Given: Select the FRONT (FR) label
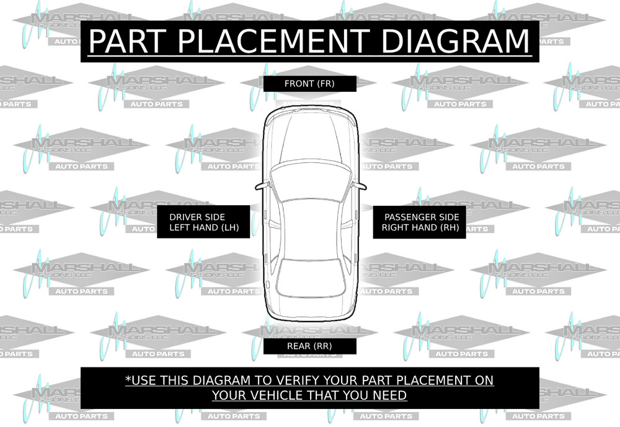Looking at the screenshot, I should coord(309,84).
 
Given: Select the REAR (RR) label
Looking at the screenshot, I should coord(309,346).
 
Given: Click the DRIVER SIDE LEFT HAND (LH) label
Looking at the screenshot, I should coord(197,222).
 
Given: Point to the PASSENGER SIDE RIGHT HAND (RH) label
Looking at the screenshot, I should coord(421,222).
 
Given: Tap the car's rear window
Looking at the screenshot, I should coord(309,276).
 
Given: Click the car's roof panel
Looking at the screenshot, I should coord(309,226).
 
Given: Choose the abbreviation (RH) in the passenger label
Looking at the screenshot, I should coord(448,228).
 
